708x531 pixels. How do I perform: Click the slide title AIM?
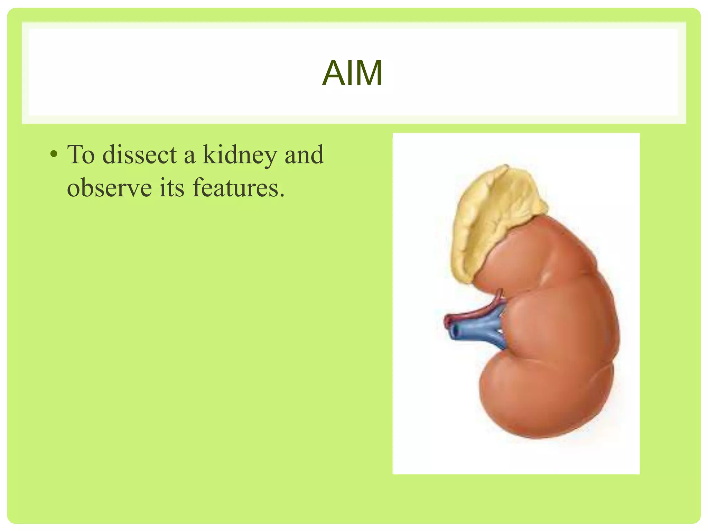pyautogui.click(x=352, y=73)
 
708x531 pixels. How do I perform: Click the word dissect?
pyautogui.click(x=140, y=155)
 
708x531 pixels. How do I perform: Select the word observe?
pyautogui.click(x=109, y=188)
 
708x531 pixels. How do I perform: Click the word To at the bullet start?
pyautogui.click(x=81, y=155)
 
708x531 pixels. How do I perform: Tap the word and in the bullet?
pyautogui.click(x=304, y=155)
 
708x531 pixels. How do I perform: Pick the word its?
pyautogui.click(x=172, y=188)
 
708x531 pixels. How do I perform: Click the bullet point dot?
pyautogui.click(x=54, y=155)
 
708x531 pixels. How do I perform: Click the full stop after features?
pyautogui.click(x=282, y=196)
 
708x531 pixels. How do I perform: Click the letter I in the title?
pyautogui.click(x=349, y=73)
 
